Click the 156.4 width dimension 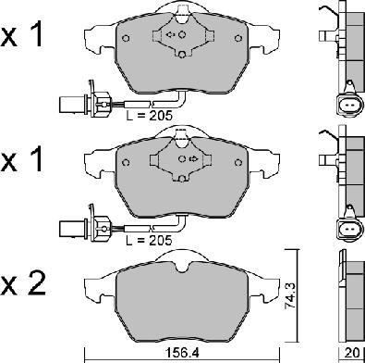click(183, 353)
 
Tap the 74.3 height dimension click(290, 296)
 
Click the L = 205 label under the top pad click(150, 116)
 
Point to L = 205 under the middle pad click(150, 240)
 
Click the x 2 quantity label click(23, 283)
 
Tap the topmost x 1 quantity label click(21, 36)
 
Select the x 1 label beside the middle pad click(21, 160)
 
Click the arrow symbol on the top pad click(170, 34)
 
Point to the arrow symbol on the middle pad click(193, 158)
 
